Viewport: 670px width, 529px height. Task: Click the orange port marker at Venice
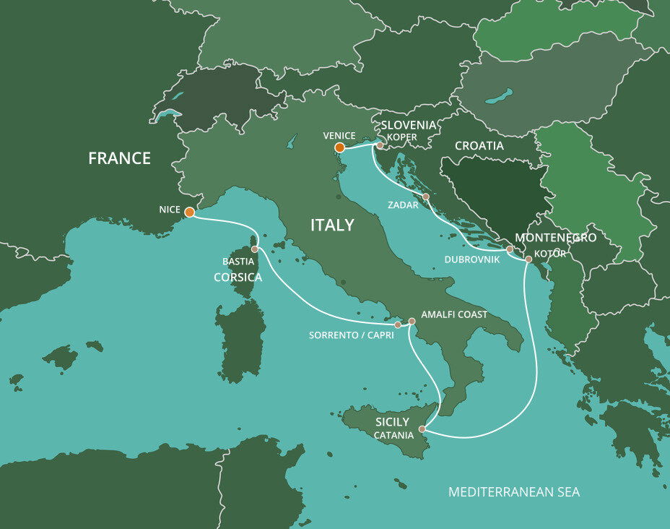pyautogui.click(x=339, y=148)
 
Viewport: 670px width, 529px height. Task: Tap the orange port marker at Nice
pyautogui.click(x=189, y=212)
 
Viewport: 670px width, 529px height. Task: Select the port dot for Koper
pyautogui.click(x=380, y=145)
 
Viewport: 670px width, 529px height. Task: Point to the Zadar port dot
pyautogui.click(x=426, y=197)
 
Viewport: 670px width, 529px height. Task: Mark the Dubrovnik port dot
pyautogui.click(x=510, y=249)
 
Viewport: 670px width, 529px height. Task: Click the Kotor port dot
pyautogui.click(x=528, y=259)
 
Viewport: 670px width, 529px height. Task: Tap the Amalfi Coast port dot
pyautogui.click(x=412, y=321)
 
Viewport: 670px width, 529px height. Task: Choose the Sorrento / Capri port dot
pyautogui.click(x=398, y=325)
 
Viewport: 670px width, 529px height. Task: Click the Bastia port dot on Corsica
pyautogui.click(x=254, y=249)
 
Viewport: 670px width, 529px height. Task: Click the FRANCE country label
pyautogui.click(x=119, y=158)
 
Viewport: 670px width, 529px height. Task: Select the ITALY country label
pyautogui.click(x=332, y=225)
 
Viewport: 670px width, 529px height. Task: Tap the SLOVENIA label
pyautogui.click(x=409, y=125)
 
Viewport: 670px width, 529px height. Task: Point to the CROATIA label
pyautogui.click(x=479, y=145)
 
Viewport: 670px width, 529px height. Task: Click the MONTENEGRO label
pyautogui.click(x=555, y=238)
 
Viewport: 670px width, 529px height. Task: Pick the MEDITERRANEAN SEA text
pyautogui.click(x=513, y=492)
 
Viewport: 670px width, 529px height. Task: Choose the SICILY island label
pyautogui.click(x=392, y=421)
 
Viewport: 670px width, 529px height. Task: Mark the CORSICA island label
pyautogui.click(x=238, y=277)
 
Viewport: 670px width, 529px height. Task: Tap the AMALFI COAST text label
pyautogui.click(x=454, y=314)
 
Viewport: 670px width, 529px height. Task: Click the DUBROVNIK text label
pyautogui.click(x=472, y=257)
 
